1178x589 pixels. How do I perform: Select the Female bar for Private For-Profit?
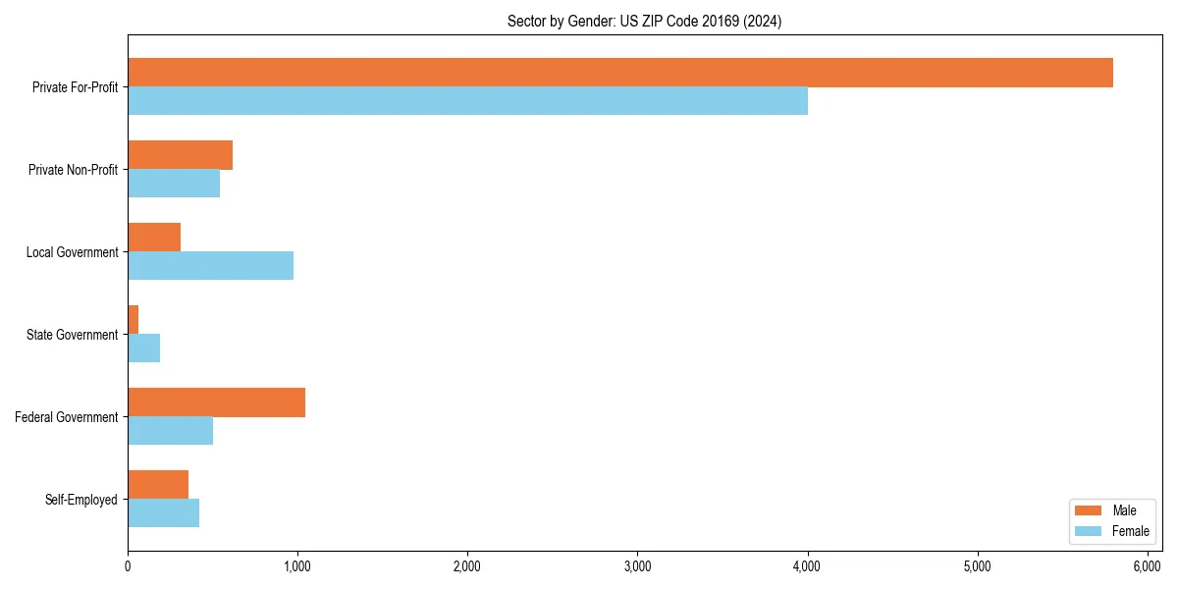[x=467, y=101]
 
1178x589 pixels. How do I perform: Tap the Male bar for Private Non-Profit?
[x=180, y=155]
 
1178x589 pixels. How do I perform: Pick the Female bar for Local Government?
[x=210, y=266]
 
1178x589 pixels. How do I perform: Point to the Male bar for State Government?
[x=134, y=320]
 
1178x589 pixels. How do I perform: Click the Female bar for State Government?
[x=143, y=348]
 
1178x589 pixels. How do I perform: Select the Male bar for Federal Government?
[x=216, y=402]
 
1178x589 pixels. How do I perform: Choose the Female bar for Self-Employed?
[x=163, y=513]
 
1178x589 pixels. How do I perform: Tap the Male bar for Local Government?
[x=154, y=238]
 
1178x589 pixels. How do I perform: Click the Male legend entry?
[x=1110, y=510]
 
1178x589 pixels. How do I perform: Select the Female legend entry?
[x=1110, y=531]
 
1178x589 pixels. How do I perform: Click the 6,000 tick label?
[x=1147, y=566]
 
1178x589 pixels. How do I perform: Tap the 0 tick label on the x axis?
[x=128, y=566]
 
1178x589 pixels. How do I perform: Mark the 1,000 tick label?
[x=297, y=566]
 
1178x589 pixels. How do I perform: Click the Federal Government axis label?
[x=66, y=417]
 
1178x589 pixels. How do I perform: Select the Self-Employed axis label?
[x=80, y=500]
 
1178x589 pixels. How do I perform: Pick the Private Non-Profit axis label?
[x=73, y=170]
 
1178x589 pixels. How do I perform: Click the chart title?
[x=644, y=22]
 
